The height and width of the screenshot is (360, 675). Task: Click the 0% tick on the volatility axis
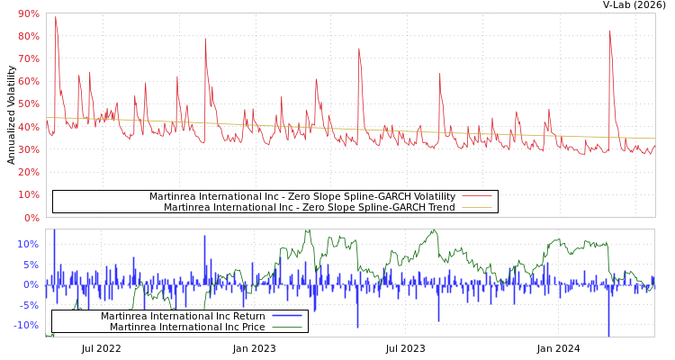(31, 218)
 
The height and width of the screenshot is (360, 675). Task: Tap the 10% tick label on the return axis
(28, 244)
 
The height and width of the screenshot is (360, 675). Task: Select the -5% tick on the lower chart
(28, 305)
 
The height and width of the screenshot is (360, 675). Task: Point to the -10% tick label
(26, 325)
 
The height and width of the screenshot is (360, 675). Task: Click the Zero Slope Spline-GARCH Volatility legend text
(301, 196)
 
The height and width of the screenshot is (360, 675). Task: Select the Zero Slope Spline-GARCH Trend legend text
(309, 207)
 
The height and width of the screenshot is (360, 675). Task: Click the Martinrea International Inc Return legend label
(183, 316)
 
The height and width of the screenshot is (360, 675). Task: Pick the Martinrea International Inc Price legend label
(187, 327)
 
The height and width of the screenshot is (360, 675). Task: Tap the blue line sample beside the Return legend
(286, 316)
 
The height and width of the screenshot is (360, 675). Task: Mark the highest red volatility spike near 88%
(56, 17)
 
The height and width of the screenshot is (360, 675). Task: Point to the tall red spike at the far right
(609, 31)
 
